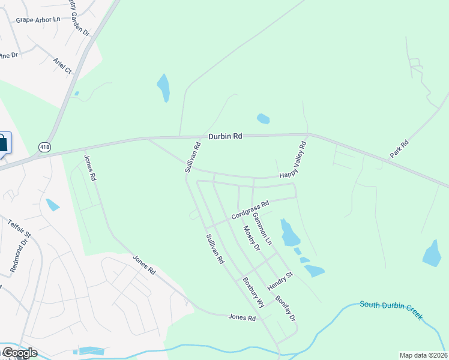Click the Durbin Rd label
[225, 136]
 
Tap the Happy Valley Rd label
[294, 160]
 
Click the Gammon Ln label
[262, 228]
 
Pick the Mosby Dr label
[252, 238]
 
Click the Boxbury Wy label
[253, 292]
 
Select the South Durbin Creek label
[391, 308]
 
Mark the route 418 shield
[44, 146]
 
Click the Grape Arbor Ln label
[38, 19]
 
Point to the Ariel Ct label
[62, 65]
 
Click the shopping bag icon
[2, 144]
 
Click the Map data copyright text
[423, 355]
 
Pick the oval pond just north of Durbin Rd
[263, 119]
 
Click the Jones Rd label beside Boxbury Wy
[243, 317]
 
